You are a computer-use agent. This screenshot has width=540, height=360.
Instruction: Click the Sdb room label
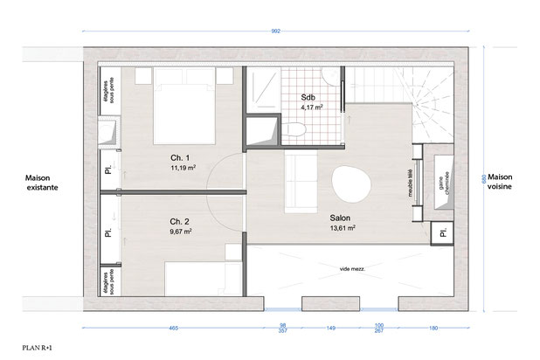tap(308, 97)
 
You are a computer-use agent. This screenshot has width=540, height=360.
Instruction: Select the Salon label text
tap(342, 218)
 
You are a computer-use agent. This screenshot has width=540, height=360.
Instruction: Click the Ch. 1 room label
tap(181, 157)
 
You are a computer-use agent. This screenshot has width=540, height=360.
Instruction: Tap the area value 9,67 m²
tap(182, 232)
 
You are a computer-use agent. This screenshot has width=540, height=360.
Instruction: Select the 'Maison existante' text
tap(38, 181)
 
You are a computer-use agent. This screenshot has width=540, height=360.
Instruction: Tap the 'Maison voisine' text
tap(505, 181)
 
